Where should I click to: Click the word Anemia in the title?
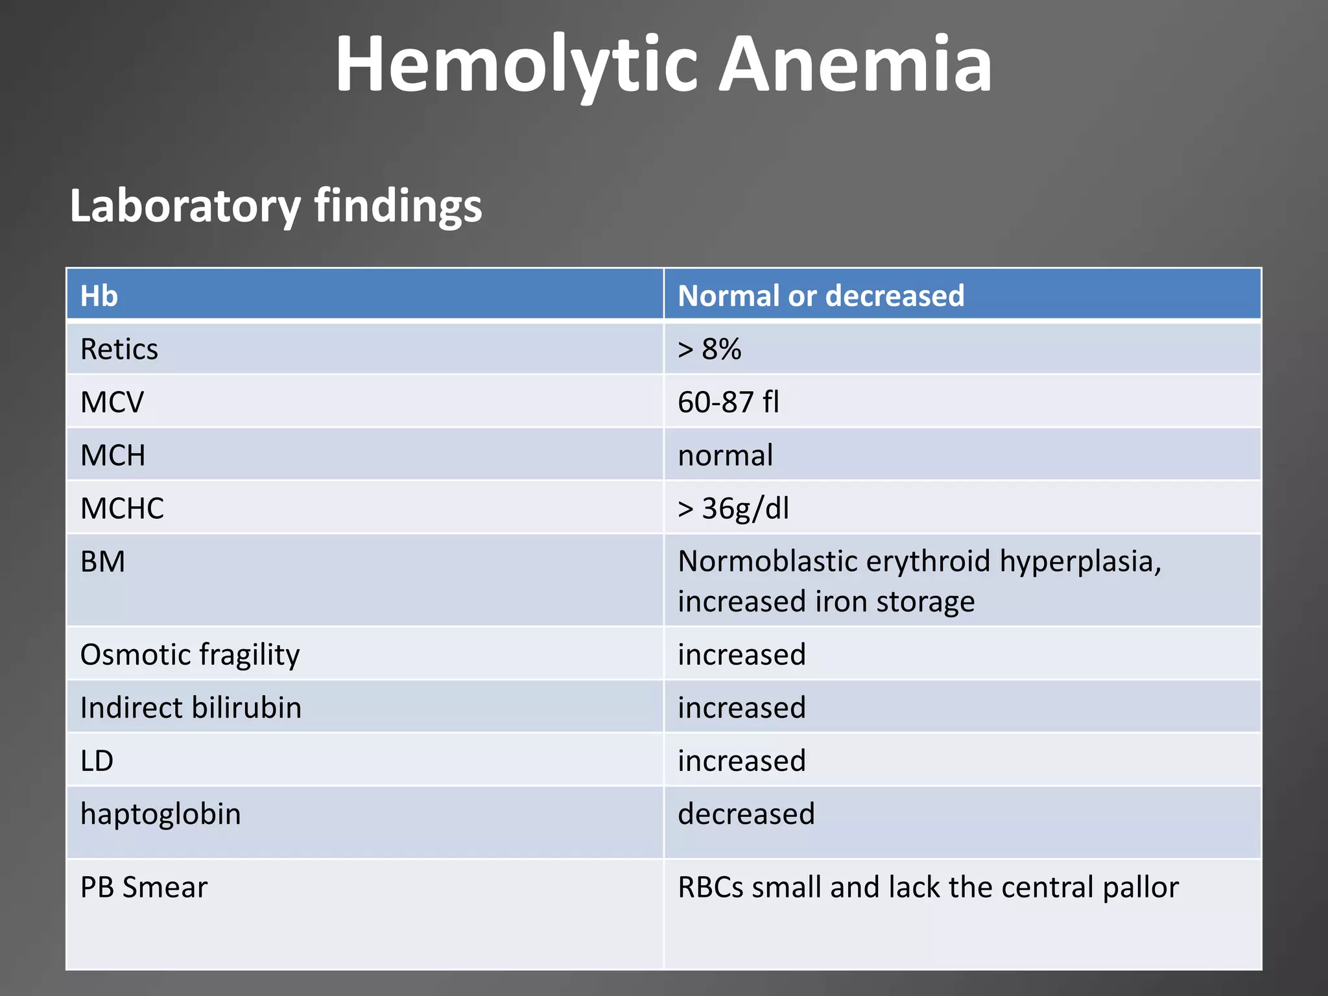(x=856, y=65)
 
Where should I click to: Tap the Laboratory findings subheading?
(x=276, y=206)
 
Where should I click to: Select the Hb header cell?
(x=99, y=296)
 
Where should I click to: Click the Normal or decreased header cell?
(x=821, y=296)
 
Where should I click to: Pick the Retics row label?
(x=119, y=350)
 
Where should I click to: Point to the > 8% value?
(x=709, y=350)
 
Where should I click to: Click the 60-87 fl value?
(x=728, y=403)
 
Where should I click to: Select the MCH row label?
(x=113, y=455)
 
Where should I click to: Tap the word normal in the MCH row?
(x=725, y=455)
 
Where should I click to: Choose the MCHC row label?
(x=122, y=508)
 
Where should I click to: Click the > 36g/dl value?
(x=733, y=508)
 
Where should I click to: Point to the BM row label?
(x=102, y=562)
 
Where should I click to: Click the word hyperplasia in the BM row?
(x=1080, y=562)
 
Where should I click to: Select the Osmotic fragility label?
(x=190, y=655)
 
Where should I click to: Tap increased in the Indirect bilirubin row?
(x=742, y=707)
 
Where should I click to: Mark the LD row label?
(x=97, y=761)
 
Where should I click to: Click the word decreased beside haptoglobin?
(x=746, y=814)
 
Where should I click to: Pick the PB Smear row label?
(x=144, y=887)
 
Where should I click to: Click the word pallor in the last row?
(x=1141, y=887)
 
